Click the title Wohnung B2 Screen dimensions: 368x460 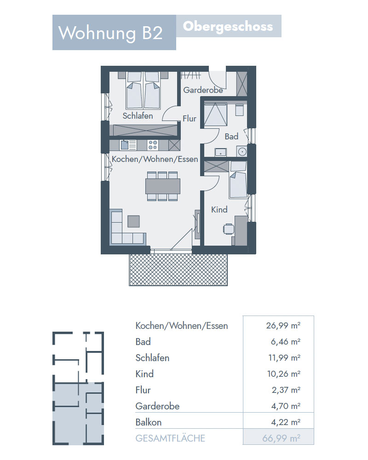(x=110, y=33)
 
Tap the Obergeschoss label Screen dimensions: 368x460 (x=228, y=27)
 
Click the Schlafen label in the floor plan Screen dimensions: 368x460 (x=138, y=116)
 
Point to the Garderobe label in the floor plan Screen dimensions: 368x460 (x=203, y=90)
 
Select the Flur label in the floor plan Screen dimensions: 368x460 (x=189, y=119)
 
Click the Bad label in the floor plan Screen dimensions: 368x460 (x=231, y=137)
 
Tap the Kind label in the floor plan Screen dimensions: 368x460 (x=219, y=209)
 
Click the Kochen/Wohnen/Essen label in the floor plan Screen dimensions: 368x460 (x=155, y=159)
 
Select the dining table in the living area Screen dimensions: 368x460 (x=162, y=186)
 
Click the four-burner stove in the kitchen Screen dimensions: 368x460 (x=153, y=145)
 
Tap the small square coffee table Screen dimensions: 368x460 (x=133, y=221)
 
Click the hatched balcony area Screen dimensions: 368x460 (x=178, y=270)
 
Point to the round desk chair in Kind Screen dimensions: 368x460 (x=228, y=229)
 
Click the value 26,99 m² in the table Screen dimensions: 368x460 (x=283, y=326)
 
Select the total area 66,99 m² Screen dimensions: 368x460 (x=281, y=438)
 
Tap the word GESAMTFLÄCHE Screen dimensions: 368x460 (x=170, y=438)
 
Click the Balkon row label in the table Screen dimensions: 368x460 (x=149, y=422)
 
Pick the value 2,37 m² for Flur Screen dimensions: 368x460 (x=286, y=390)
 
